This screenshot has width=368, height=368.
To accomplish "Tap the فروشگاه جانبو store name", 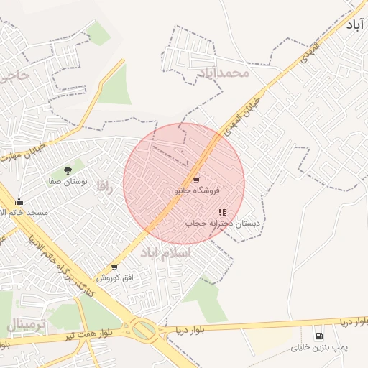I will (x=197, y=191).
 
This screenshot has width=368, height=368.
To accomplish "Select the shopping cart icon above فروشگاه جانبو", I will (x=195, y=180).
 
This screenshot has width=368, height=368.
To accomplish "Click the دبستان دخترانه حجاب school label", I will (x=223, y=224).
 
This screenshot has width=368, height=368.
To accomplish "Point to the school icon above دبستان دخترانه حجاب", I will (x=222, y=213).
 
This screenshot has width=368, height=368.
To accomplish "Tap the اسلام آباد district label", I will (x=166, y=253).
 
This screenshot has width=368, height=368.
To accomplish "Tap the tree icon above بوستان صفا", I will (x=68, y=171).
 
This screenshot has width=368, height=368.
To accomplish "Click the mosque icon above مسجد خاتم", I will (x=19, y=202).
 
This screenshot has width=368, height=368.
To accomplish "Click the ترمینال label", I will (x=27, y=325).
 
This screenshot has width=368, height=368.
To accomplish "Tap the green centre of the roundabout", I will (x=144, y=331).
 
